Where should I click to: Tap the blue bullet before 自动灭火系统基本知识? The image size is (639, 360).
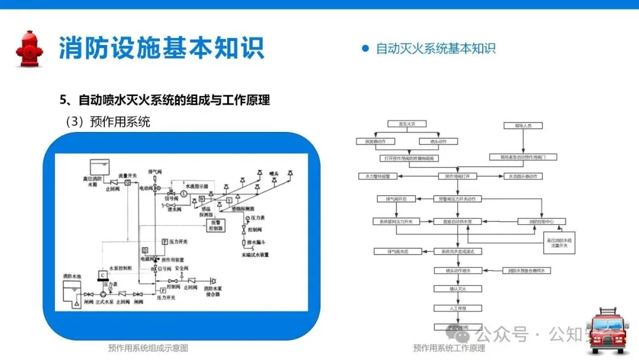(x=365, y=49)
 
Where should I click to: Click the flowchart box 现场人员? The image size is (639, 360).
(x=519, y=125)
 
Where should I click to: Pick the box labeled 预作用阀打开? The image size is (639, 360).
(x=458, y=176)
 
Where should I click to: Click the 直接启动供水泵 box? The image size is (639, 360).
(x=458, y=221)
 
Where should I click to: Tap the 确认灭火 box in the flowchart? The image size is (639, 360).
(x=458, y=289)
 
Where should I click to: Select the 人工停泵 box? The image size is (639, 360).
(x=458, y=308)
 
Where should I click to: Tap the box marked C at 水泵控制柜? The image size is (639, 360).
(x=102, y=275)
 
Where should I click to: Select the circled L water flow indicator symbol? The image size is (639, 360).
(x=183, y=194)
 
